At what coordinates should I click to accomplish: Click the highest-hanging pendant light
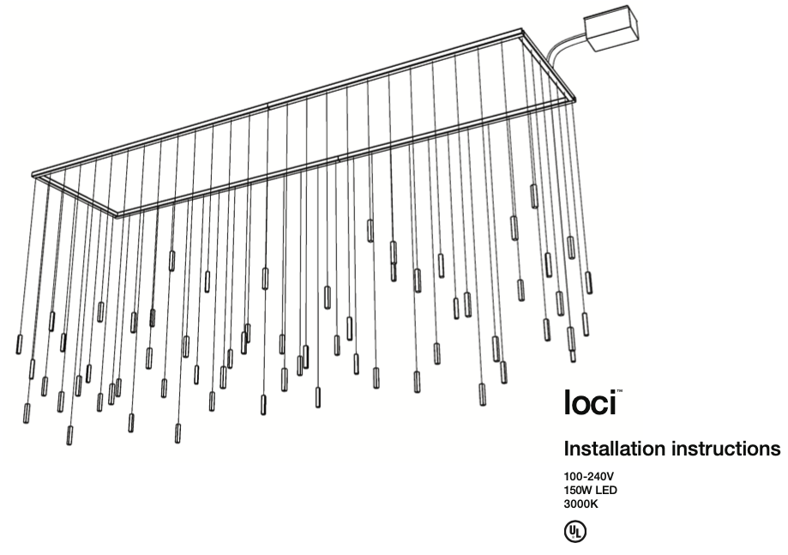533,196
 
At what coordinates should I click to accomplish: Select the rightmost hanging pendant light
588,282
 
